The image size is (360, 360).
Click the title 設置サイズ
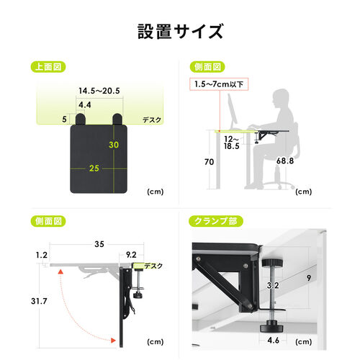click(179, 32)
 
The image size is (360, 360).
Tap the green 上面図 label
click(49, 67)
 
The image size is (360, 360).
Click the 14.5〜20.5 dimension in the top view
click(100, 91)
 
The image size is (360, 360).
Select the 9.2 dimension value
click(131, 255)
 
